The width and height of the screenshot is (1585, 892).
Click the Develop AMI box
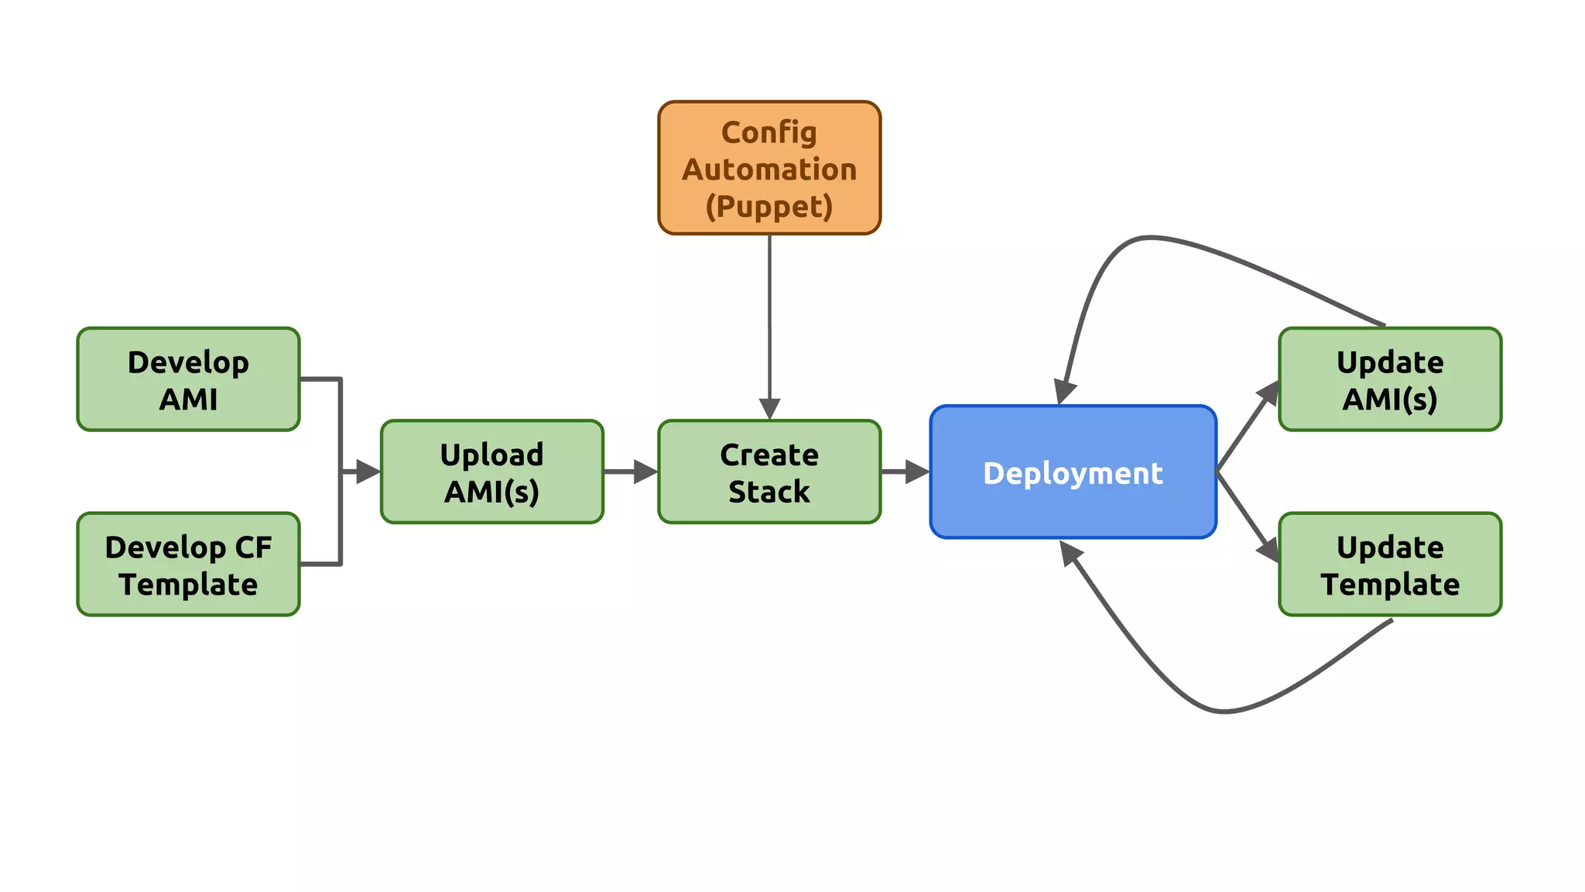tap(188, 379)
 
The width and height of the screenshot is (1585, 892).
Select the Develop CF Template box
tap(188, 564)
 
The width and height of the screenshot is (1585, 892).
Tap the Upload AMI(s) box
tap(491, 472)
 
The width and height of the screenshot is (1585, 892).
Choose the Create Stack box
tap(769, 472)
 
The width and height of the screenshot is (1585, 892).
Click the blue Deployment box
tap(1073, 472)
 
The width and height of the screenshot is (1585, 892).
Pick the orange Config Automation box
tap(769, 167)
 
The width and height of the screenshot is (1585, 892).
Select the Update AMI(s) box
tap(1390, 379)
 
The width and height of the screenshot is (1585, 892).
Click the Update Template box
tap(1390, 564)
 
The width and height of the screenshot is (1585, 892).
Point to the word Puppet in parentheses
tap(769, 207)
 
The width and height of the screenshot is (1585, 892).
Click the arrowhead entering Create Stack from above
tap(769, 408)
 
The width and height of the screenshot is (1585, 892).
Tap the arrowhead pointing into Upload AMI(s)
tap(368, 472)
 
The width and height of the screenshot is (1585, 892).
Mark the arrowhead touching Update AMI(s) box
tap(1268, 392)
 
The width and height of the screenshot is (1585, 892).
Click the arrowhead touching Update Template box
tap(1268, 551)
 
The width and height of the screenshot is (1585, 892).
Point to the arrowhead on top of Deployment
tap(1065, 392)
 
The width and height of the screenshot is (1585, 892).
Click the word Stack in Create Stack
tap(769, 492)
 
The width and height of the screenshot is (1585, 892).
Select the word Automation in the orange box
tap(769, 170)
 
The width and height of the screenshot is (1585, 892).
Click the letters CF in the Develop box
tap(253, 547)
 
